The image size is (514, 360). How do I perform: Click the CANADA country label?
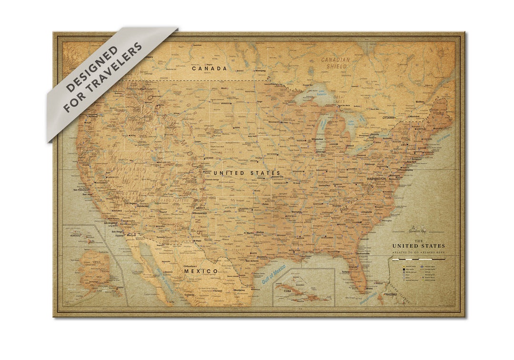(209, 69)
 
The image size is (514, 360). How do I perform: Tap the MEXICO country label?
(201, 271)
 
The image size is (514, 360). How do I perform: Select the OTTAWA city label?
(388, 117)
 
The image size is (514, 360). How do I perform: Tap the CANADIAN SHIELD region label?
(336, 63)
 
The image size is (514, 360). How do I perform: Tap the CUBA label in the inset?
(288, 290)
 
